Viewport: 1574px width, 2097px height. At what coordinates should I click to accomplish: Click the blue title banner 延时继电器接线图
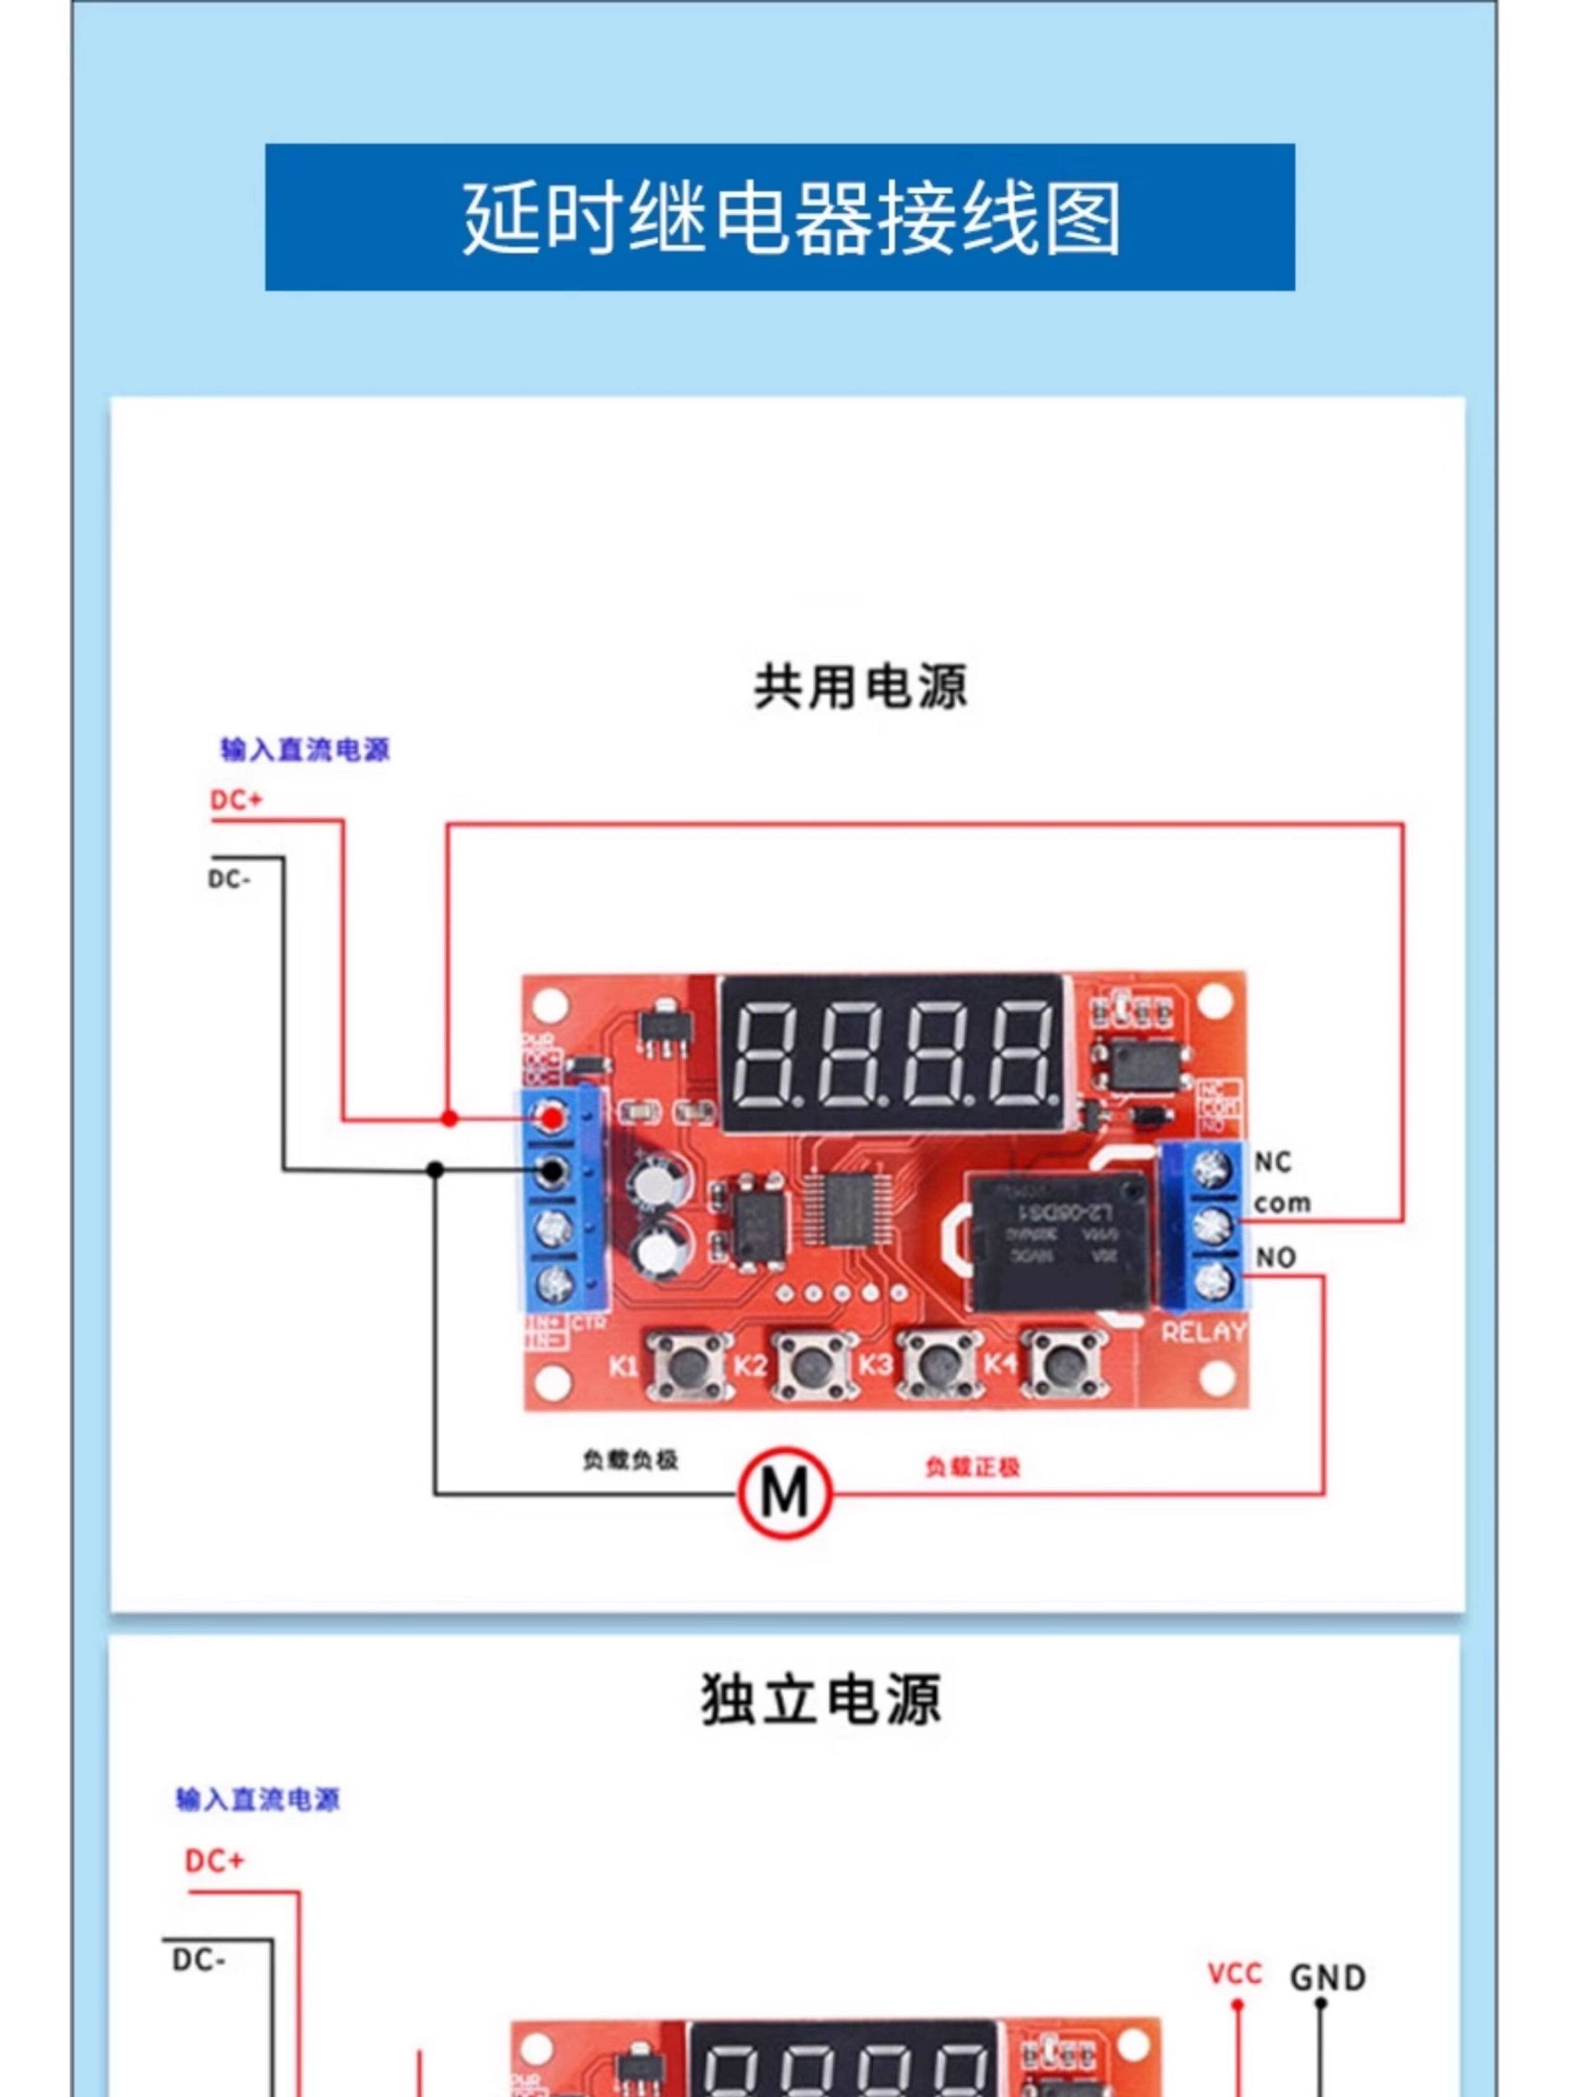779,217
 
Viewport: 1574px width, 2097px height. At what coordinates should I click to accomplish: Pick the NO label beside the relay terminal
1275,1258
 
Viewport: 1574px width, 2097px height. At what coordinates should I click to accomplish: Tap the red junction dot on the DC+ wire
449,1119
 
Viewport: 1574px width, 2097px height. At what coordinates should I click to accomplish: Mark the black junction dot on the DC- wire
435,1170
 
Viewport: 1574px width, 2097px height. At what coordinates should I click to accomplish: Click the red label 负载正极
972,1467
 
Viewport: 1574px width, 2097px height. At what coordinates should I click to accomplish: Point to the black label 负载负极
630,1460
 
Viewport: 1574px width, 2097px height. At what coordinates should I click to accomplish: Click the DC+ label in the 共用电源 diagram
235,800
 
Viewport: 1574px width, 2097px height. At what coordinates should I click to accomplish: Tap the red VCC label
1234,1975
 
